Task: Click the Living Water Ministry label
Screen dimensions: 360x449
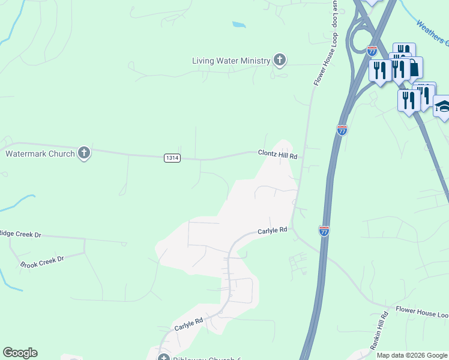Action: pos(231,61)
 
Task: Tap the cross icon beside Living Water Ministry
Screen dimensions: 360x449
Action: pos(279,59)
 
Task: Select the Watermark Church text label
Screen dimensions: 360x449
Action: pos(40,154)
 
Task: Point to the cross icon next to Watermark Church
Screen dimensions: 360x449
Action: pos(84,153)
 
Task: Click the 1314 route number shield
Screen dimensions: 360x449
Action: pos(172,157)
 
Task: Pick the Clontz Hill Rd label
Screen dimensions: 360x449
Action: pos(278,154)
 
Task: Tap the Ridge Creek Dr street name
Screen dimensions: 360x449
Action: pos(20,233)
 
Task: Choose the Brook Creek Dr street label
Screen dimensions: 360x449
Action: pos(41,262)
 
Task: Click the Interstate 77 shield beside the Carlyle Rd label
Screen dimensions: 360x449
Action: pos(324,231)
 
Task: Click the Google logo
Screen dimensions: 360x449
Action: pos(20,353)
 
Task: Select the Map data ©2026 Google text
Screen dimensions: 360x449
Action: pos(412,355)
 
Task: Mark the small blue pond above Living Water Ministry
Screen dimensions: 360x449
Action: pos(239,25)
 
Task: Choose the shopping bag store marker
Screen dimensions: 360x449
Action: pos(414,67)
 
